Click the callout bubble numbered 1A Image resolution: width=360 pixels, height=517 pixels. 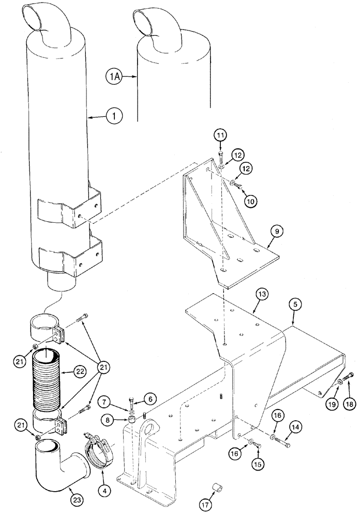coord(115,77)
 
